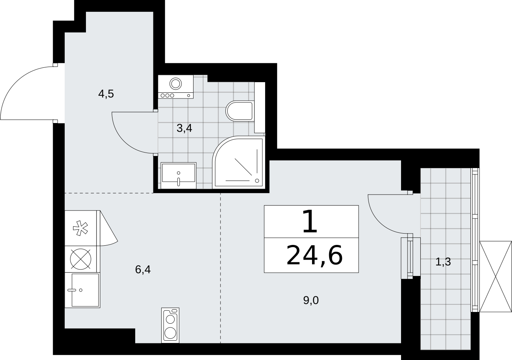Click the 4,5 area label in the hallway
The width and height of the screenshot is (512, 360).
coord(106,94)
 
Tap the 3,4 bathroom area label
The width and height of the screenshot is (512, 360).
coord(184,128)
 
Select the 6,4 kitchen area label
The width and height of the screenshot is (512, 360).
coord(143,270)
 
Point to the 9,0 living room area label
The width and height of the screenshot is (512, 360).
coord(311,300)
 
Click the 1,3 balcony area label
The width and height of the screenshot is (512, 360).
coord(443,262)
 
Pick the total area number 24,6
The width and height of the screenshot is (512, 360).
coord(315,255)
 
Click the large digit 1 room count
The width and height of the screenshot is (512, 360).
coord(310,221)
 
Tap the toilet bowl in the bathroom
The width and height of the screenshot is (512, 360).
coord(240,111)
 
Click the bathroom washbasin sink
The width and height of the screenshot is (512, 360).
coord(178,175)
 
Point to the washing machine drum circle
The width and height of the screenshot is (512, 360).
coord(176,83)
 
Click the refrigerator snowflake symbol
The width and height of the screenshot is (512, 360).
coord(80,228)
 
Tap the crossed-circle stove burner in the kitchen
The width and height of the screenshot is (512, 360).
coord(80,259)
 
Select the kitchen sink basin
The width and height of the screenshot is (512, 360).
coord(85,290)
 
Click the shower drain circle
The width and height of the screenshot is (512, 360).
coord(257,181)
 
